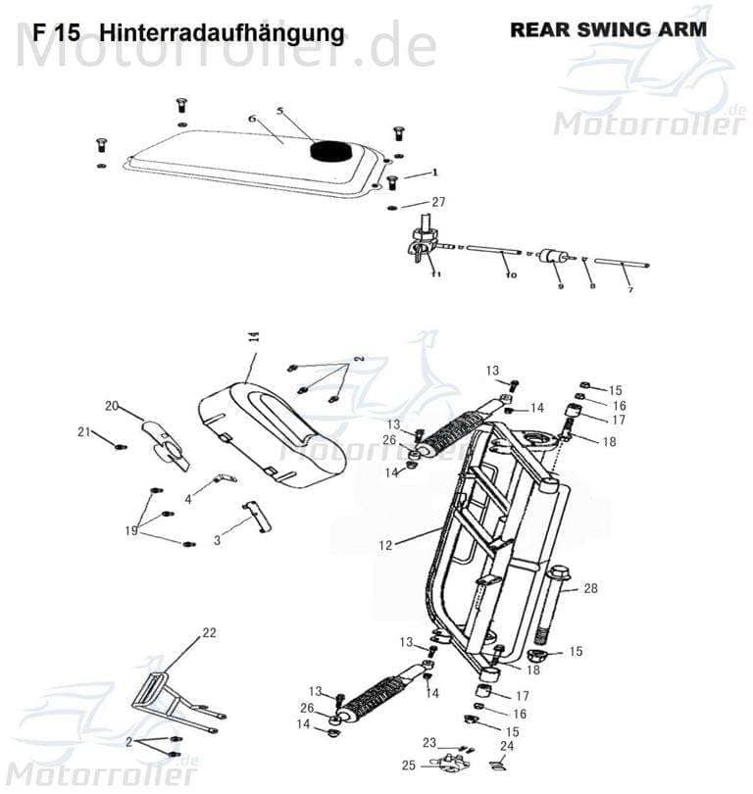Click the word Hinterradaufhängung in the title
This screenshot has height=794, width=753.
pyautogui.click(x=223, y=33)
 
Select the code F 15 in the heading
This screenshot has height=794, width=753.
pyautogui.click(x=56, y=33)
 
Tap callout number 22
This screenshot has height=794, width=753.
pyautogui.click(x=208, y=633)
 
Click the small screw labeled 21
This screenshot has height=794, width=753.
pyautogui.click(x=121, y=446)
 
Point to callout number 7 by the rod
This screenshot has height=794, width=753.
pyautogui.click(x=629, y=290)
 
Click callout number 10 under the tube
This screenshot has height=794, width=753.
pyautogui.click(x=510, y=275)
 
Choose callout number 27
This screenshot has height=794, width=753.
pyautogui.click(x=438, y=202)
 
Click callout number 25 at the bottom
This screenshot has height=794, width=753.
pyautogui.click(x=407, y=765)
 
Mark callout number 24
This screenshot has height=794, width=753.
pyautogui.click(x=506, y=745)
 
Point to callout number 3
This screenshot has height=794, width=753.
pyautogui.click(x=217, y=539)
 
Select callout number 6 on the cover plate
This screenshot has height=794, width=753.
pyautogui.click(x=251, y=119)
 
